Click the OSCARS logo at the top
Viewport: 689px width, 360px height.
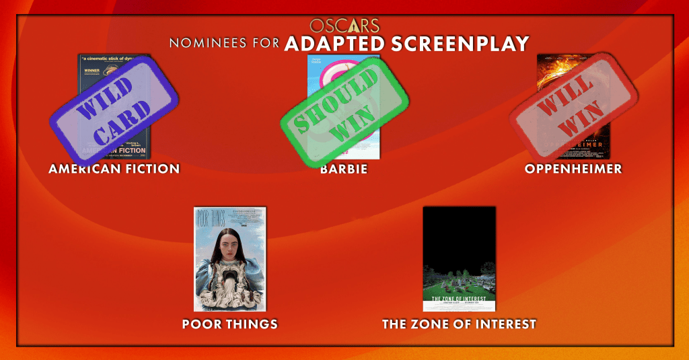[344, 26]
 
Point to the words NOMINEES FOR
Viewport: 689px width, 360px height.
[224, 44]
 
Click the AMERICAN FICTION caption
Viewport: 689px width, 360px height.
[114, 169]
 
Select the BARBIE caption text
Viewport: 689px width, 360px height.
[344, 169]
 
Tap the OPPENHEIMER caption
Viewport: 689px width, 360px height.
[573, 169]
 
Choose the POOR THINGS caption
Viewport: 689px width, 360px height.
[229, 324]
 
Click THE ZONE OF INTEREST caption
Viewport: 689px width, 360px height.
[459, 324]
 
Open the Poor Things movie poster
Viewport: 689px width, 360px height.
[229, 259]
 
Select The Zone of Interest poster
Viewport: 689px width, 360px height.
[459, 259]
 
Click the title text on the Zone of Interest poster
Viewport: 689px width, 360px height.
[459, 299]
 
